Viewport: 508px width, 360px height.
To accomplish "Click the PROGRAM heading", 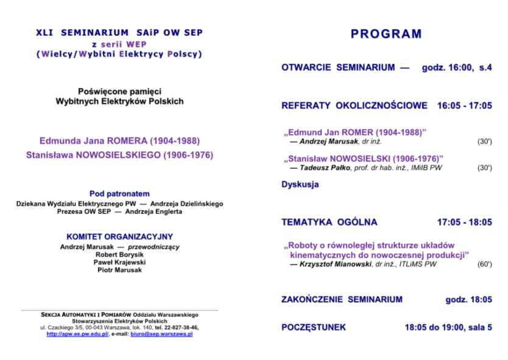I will click(x=386, y=34).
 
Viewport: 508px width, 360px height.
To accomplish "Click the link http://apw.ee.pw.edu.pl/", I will click(x=78, y=334).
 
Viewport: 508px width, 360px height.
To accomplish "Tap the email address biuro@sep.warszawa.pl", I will click(x=163, y=334).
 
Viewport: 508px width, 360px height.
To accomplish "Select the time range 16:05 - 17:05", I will click(x=464, y=106).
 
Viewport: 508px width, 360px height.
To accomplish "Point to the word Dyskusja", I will click(x=300, y=184).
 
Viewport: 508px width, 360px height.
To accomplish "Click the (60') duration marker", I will click(x=485, y=264).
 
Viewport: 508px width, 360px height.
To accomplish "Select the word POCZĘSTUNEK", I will click(x=314, y=327).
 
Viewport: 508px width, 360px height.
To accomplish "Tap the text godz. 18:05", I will click(x=469, y=299).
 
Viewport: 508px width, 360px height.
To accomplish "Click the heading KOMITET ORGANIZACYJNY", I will click(x=119, y=236).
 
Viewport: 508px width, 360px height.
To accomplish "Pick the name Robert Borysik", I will click(x=119, y=255).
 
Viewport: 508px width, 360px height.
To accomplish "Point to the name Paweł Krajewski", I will click(x=119, y=262).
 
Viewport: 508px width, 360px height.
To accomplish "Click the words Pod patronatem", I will click(x=119, y=193).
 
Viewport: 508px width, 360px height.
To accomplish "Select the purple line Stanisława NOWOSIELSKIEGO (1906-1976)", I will click(x=119, y=155).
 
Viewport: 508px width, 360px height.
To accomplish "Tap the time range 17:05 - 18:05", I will click(x=464, y=222).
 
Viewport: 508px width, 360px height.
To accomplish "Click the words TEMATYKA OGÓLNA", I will click(x=329, y=222).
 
